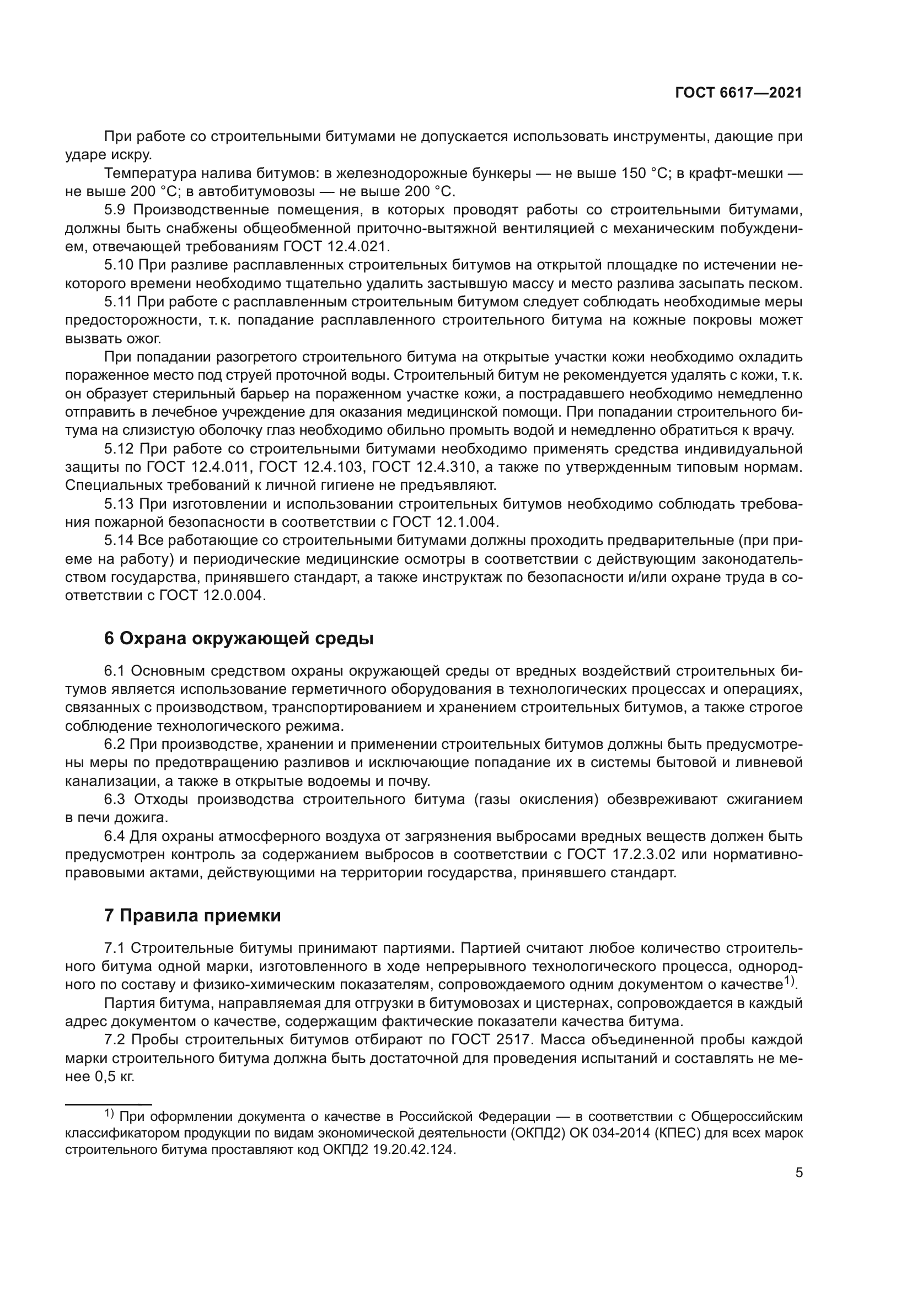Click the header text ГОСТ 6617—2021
point(738,93)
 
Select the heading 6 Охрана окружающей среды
point(239,638)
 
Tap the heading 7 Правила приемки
point(192,916)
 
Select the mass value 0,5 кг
point(115,1077)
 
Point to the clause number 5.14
point(119,541)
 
